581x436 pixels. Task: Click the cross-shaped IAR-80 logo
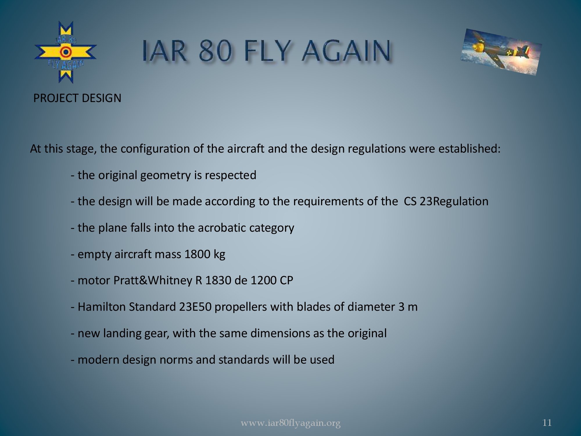(66, 52)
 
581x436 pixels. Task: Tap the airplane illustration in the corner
(501, 52)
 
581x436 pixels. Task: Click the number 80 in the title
(216, 51)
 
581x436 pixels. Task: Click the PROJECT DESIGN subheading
(77, 98)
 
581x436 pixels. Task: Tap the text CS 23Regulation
(446, 201)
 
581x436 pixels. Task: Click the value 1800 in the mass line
(197, 254)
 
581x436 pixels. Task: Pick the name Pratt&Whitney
(153, 280)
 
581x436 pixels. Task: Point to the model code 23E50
(195, 307)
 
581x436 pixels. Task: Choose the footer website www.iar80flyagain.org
(290, 423)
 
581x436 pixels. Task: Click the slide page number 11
(547, 423)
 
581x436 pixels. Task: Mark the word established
(469, 149)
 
